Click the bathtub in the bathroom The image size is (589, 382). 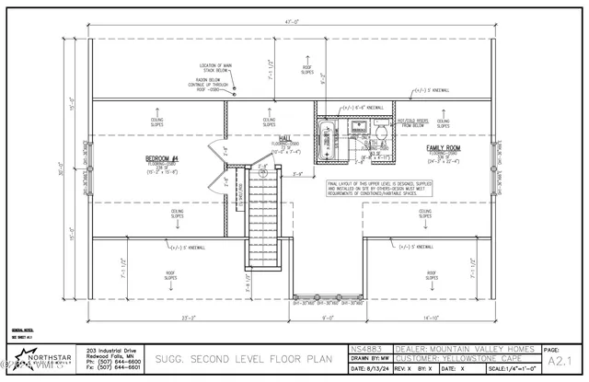click(x=328, y=141)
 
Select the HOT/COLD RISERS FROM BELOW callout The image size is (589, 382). click(x=409, y=124)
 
